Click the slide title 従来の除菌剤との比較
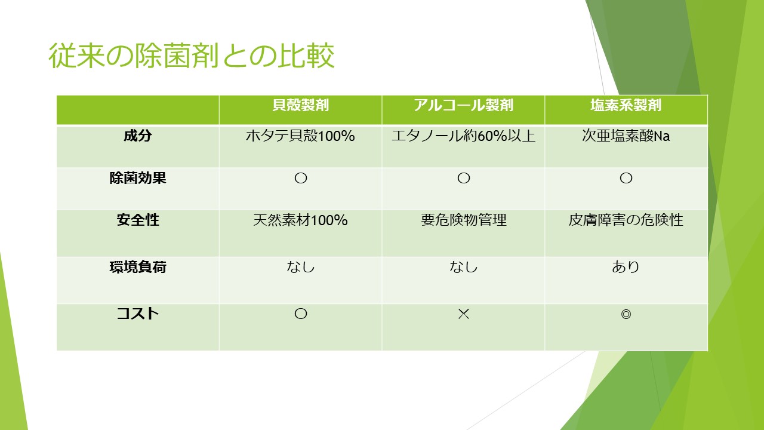(x=192, y=56)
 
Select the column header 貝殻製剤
(x=300, y=105)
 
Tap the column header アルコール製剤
(x=464, y=105)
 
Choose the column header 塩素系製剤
(x=626, y=105)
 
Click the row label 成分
(x=138, y=136)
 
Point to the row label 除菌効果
(x=138, y=178)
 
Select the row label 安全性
(x=138, y=220)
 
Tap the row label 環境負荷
(x=138, y=267)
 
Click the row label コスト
(x=138, y=314)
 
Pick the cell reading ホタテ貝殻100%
(x=300, y=136)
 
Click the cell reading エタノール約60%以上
(x=464, y=136)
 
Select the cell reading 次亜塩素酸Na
(x=626, y=136)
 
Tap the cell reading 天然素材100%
(x=300, y=220)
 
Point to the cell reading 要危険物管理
(x=464, y=220)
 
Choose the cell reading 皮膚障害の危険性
(x=626, y=220)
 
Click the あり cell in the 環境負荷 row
(x=626, y=266)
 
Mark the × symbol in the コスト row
(x=464, y=314)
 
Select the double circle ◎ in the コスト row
(x=626, y=314)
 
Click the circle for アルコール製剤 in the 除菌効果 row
(x=464, y=178)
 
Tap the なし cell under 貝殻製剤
(x=300, y=266)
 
